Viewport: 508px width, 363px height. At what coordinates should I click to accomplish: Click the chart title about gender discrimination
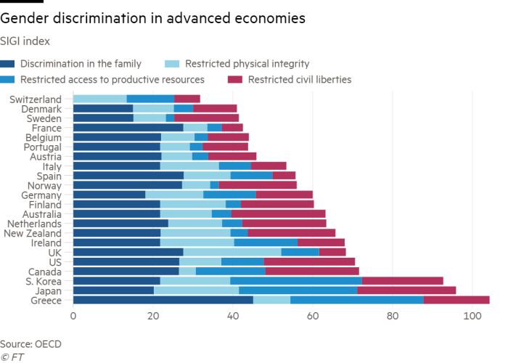point(152,17)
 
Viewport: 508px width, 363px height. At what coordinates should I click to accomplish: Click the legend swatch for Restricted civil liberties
point(237,78)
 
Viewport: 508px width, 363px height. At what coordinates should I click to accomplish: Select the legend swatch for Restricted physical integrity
point(173,64)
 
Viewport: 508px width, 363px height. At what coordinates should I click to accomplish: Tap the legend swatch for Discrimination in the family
point(8,64)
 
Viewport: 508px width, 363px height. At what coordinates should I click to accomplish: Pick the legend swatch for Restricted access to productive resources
point(8,78)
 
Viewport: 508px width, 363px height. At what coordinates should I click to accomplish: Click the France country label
point(55,128)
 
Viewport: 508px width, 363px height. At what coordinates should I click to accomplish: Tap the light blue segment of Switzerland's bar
point(100,99)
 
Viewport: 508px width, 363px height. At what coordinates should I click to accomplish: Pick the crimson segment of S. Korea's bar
point(403,281)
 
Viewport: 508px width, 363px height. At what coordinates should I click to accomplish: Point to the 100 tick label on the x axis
point(472,317)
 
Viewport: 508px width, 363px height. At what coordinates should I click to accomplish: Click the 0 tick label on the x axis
point(73,317)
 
